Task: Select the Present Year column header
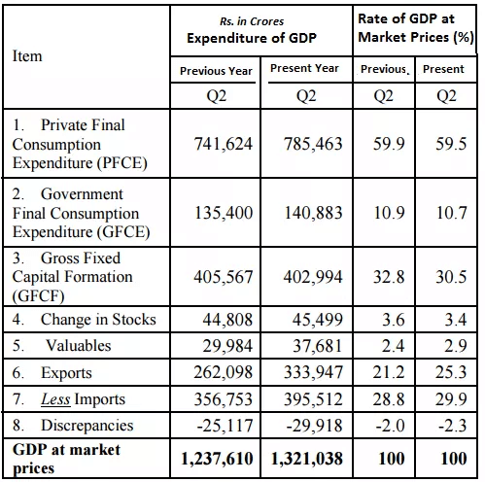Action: [x=304, y=69]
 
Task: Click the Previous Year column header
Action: [x=216, y=70]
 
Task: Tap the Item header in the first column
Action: [x=27, y=55]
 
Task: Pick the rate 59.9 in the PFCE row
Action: [x=384, y=144]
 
